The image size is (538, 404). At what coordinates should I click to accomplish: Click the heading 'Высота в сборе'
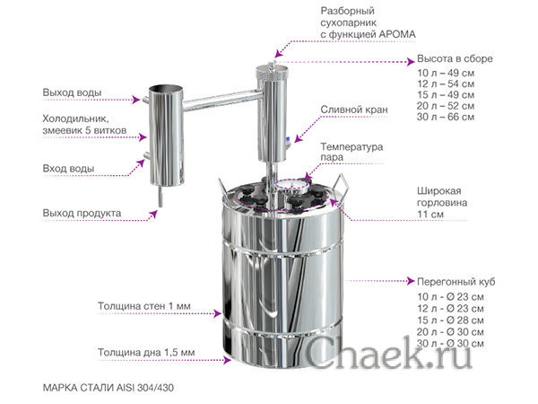[x=454, y=58]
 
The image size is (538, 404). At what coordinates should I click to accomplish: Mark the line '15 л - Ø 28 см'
[x=451, y=320]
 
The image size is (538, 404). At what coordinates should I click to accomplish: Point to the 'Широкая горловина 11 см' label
[x=442, y=203]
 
